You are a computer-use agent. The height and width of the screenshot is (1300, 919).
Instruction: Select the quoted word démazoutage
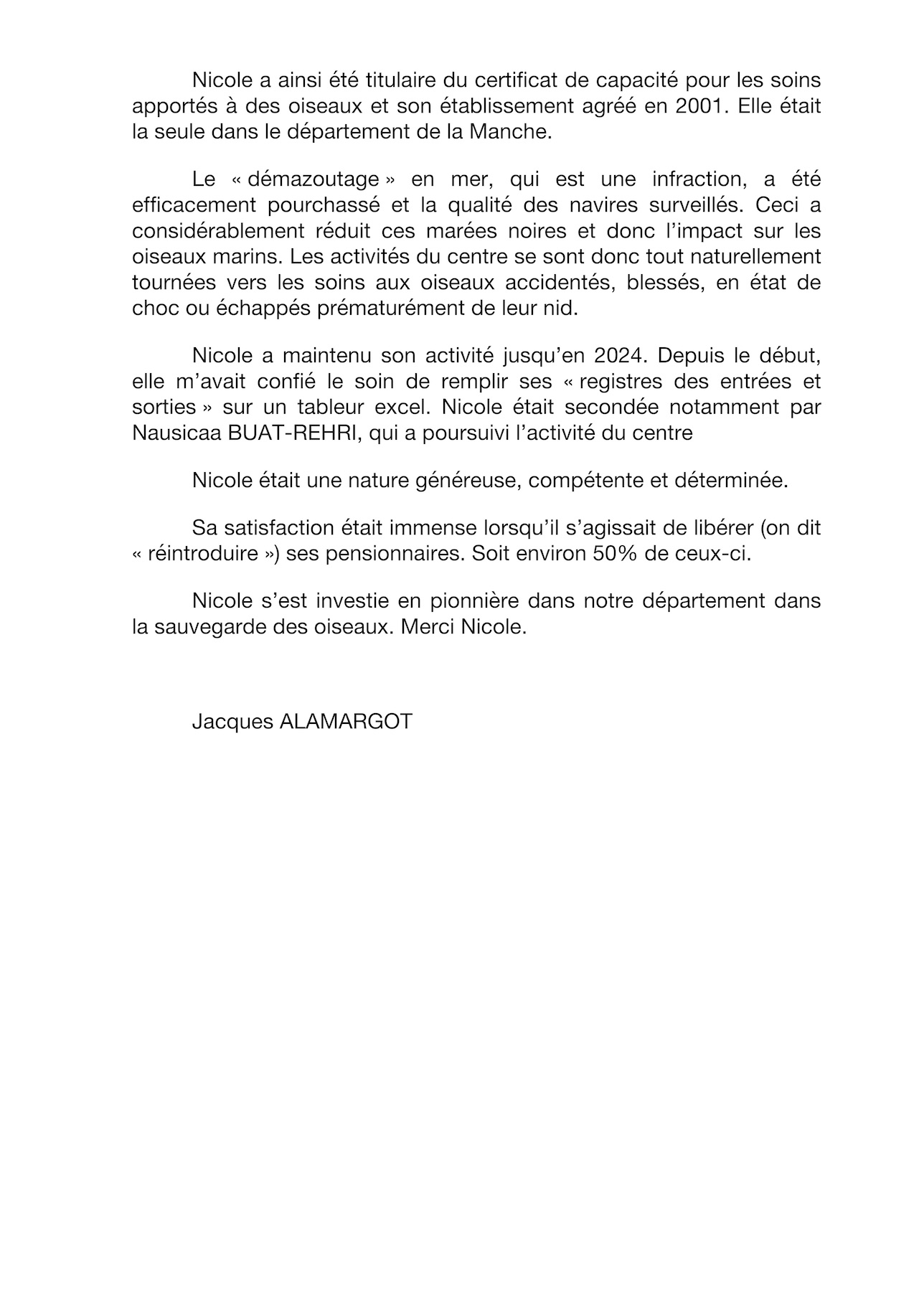pos(314,179)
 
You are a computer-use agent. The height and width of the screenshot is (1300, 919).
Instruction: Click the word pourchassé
pos(324,205)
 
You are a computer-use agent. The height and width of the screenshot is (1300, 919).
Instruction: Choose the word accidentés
pos(547,283)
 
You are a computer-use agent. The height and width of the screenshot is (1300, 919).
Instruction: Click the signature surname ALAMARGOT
pos(345,721)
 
